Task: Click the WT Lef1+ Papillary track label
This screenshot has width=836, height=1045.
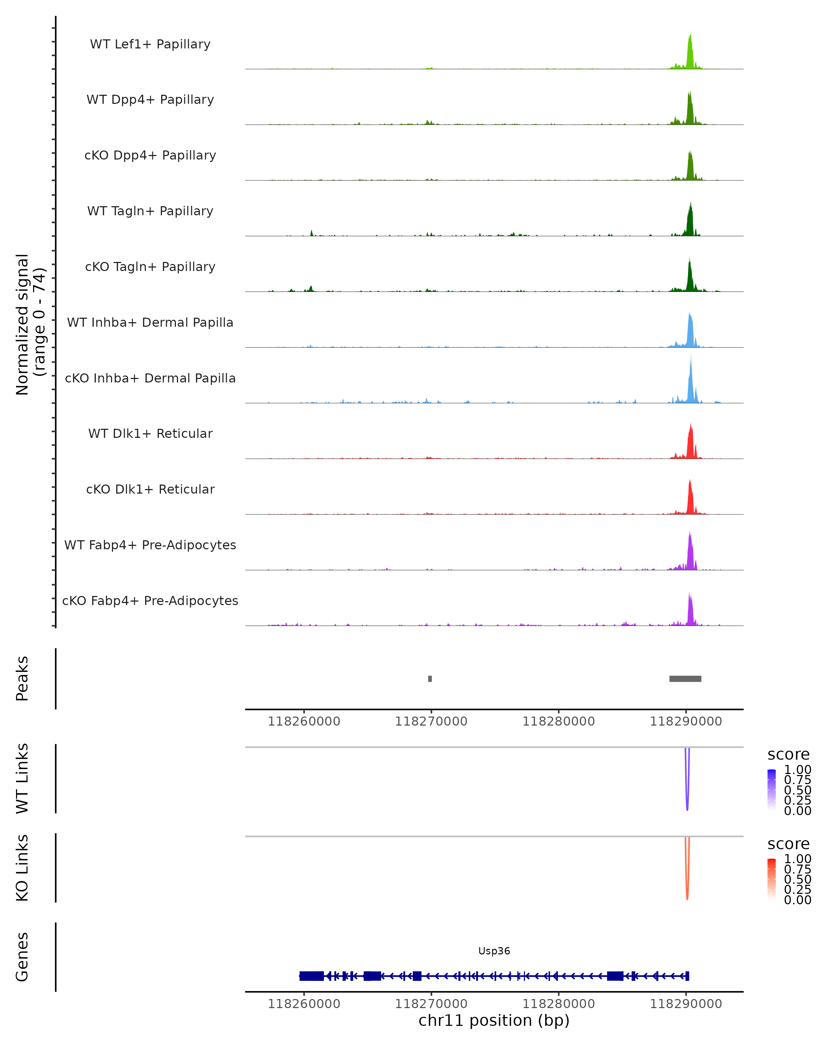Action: point(150,44)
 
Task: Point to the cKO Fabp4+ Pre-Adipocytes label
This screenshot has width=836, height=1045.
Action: point(150,601)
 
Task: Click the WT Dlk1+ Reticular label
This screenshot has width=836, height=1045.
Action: point(150,433)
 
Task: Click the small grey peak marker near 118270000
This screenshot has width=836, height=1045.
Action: point(430,679)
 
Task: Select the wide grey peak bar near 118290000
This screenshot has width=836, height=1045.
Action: point(685,679)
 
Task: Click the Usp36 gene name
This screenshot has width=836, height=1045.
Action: point(494,951)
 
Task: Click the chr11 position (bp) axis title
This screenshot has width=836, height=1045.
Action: point(494,1020)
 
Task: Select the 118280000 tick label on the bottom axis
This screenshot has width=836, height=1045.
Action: point(558,1004)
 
